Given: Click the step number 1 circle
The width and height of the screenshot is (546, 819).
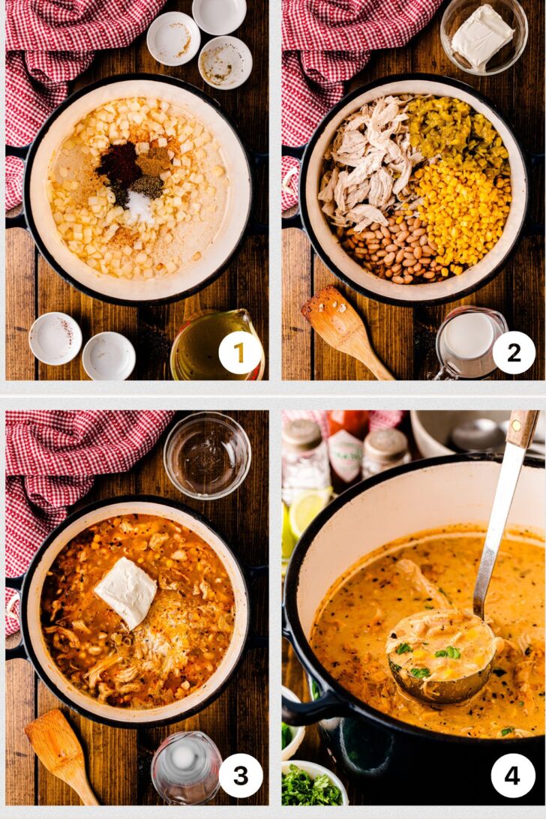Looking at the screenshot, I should coord(240,352).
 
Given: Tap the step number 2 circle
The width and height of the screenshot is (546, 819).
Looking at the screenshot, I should coord(514,352).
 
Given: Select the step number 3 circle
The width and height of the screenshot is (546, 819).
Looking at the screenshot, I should coord(240,775).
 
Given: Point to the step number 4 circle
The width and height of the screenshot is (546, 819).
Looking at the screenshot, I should coord(513,775).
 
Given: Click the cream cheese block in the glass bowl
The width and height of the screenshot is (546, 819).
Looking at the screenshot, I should coord(481,35).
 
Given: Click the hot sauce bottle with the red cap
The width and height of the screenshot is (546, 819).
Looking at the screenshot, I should coord(346,446).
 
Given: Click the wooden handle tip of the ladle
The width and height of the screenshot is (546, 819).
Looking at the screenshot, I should coord(523,427).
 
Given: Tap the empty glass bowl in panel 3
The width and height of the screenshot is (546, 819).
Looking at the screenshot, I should coord(207,454).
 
